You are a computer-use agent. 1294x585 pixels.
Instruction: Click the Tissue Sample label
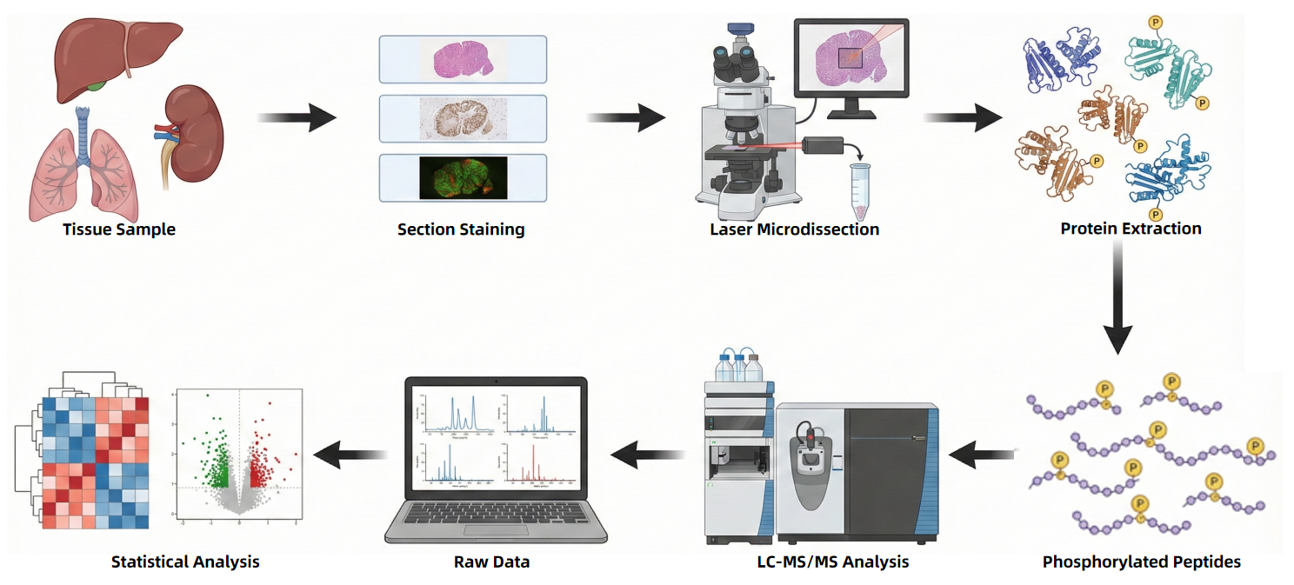[119, 229]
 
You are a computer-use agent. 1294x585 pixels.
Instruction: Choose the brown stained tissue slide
[463, 118]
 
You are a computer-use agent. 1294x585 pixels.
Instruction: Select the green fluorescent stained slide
[463, 177]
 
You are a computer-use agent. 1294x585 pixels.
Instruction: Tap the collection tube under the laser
[860, 190]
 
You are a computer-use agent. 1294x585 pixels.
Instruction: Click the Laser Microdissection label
[794, 229]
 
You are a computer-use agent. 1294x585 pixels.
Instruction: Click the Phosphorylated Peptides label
[1141, 562]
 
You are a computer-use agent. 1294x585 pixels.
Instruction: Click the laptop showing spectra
[497, 461]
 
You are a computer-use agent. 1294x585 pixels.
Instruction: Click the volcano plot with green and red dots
[239, 456]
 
